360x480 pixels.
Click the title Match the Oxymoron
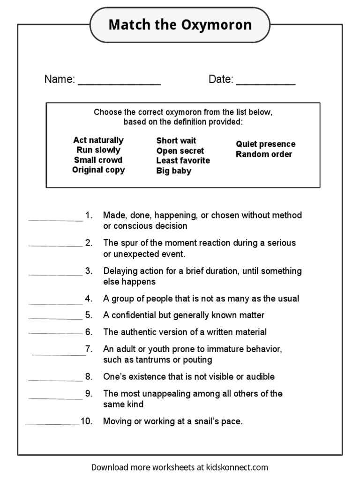[180, 25]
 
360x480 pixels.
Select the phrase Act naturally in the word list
[98, 140]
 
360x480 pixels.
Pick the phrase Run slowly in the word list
[98, 150]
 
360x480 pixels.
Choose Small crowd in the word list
[98, 160]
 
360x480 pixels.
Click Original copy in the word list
[98, 170]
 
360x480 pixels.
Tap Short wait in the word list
[176, 141]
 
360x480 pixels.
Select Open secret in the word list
[180, 151]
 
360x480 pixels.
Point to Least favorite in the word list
[183, 160]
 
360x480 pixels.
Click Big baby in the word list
[174, 171]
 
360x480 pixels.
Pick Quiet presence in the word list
[265, 144]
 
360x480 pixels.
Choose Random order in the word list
[264, 154]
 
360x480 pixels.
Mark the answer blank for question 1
[55, 219]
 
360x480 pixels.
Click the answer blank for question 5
[55, 318]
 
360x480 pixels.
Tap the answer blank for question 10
[52, 424]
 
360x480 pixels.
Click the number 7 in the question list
[88, 349]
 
